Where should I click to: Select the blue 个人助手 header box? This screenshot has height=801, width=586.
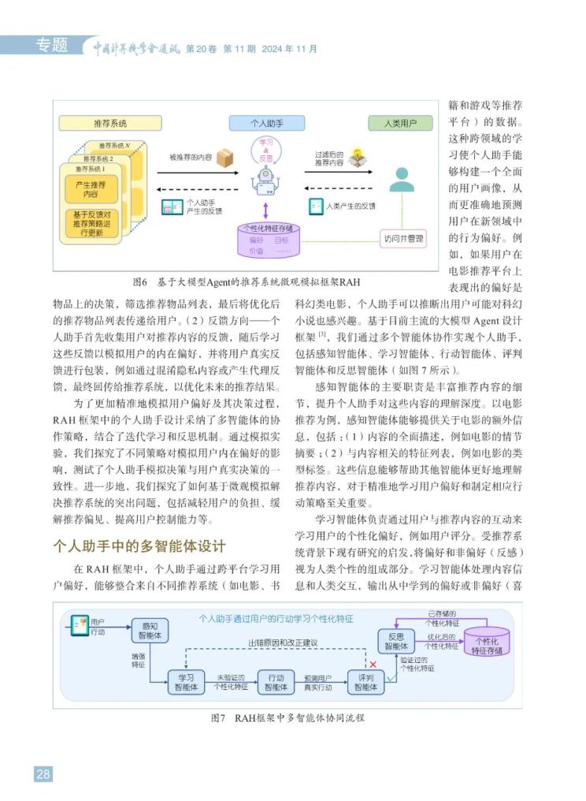[x=265, y=124]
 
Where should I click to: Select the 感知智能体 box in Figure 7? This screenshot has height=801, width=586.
[x=149, y=629]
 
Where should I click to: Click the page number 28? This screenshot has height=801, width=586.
[x=43, y=773]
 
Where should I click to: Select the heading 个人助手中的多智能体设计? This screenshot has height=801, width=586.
[x=139, y=546]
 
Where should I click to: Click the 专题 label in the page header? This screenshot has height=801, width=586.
[x=52, y=46]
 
